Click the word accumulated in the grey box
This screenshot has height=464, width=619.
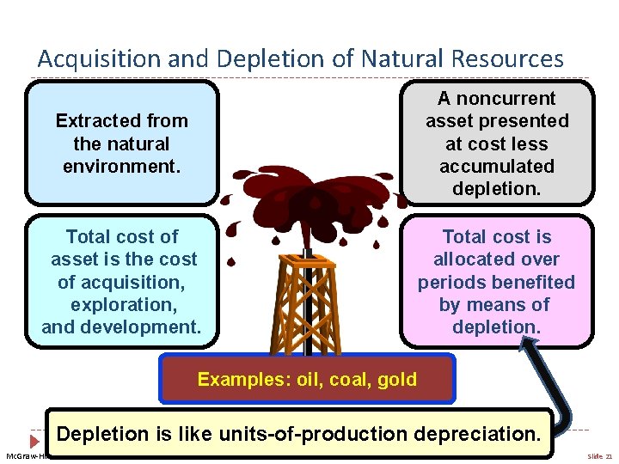(497, 166)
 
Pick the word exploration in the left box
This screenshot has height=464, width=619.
(121, 304)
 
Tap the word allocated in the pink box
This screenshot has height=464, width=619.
(496, 259)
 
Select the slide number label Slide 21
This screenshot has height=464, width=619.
(598, 456)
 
